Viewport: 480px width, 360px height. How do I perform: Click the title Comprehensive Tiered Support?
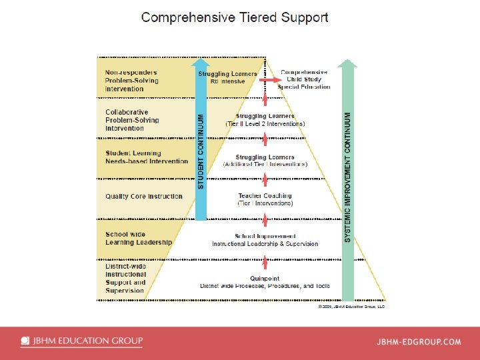(x=235, y=18)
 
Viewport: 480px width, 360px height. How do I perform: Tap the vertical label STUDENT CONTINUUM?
(x=201, y=151)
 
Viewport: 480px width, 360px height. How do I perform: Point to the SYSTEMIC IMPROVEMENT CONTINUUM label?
(x=347, y=176)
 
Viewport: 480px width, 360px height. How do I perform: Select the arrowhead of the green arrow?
(x=347, y=63)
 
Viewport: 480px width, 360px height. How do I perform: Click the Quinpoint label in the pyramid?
(x=265, y=279)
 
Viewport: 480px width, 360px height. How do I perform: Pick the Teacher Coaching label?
(x=265, y=196)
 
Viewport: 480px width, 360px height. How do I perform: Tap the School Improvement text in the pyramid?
(x=265, y=237)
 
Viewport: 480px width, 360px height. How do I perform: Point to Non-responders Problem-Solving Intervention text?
(x=133, y=81)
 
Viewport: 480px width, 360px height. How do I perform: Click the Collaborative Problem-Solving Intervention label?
(x=133, y=120)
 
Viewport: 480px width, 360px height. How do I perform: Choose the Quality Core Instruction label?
(x=144, y=197)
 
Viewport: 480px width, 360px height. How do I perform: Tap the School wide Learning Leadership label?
(x=138, y=238)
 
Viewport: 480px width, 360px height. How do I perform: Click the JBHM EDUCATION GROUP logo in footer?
(x=81, y=341)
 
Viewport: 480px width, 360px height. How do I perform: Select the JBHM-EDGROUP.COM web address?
(x=419, y=342)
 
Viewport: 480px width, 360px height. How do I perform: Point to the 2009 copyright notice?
(x=351, y=307)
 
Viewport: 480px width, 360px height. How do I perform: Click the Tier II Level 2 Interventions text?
(x=265, y=124)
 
